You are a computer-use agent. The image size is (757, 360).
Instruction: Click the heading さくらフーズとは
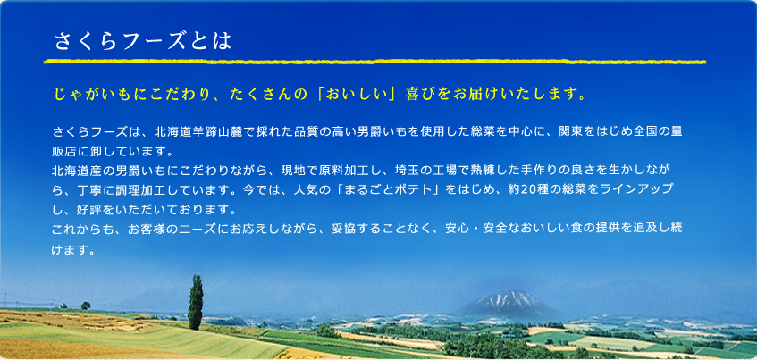click(143, 41)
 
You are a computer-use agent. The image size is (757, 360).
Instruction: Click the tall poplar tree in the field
click(196, 302)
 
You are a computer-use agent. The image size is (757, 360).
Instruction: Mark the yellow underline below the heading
click(374, 63)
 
